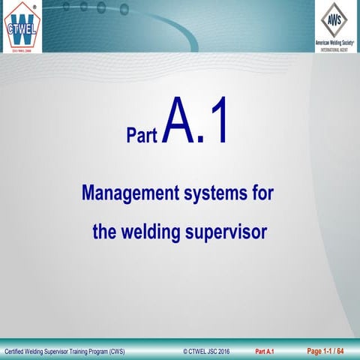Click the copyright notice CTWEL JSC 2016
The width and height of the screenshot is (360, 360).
click(x=207, y=351)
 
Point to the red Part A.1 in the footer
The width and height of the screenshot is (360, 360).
click(x=265, y=351)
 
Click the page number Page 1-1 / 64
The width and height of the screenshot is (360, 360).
click(x=325, y=350)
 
